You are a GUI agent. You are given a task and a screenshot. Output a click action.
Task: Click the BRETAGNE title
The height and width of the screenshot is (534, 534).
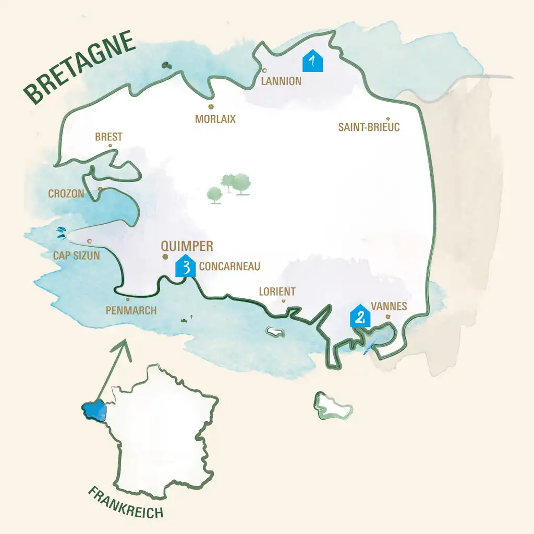[x=78, y=68]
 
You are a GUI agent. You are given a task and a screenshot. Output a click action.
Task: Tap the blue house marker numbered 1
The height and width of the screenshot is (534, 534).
[x=313, y=62]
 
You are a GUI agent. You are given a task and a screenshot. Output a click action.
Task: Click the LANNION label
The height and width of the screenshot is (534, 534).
[x=281, y=81]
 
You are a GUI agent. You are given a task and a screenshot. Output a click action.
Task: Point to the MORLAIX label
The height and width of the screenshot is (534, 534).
[x=215, y=119]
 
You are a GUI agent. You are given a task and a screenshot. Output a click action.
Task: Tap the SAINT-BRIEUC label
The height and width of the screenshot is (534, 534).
[x=369, y=127]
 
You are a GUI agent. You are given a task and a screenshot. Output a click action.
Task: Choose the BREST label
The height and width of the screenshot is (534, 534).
[x=108, y=137]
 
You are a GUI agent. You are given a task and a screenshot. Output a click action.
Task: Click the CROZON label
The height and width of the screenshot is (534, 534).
[x=66, y=193]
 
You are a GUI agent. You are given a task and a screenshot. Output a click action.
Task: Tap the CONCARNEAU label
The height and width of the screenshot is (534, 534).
[x=229, y=266]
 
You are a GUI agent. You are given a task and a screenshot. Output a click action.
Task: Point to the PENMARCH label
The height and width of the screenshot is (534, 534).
[x=131, y=310]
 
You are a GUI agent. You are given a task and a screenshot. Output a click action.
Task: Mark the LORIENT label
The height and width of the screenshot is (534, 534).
[x=277, y=292]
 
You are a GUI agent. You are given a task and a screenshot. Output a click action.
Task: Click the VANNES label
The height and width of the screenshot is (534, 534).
[x=389, y=306]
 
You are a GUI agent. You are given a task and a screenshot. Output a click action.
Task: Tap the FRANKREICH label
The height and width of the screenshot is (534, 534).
[x=125, y=502]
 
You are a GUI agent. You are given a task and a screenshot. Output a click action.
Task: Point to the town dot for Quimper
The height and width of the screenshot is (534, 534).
[x=165, y=257]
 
